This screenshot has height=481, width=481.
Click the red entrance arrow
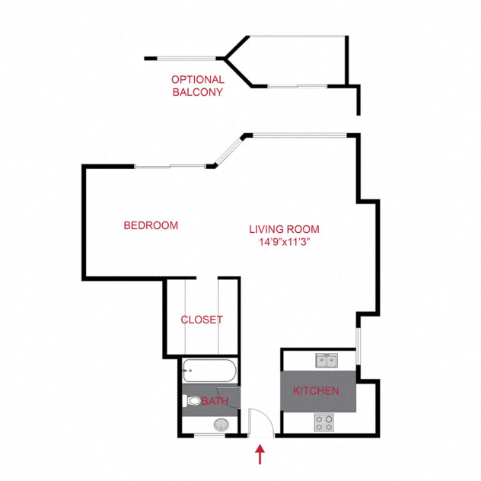[x=261, y=454]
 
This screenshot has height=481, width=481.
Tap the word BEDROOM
[x=151, y=225]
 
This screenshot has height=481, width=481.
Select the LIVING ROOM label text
[x=285, y=229]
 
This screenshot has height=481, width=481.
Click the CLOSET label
[x=202, y=320]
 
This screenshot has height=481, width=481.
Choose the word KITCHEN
[x=316, y=391]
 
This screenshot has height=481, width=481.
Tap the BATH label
[x=215, y=400]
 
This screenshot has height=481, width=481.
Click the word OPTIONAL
[x=197, y=79]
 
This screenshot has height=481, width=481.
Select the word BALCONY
[x=197, y=92]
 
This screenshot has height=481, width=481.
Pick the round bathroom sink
[x=221, y=425]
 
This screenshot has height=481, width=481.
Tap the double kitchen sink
[x=328, y=359]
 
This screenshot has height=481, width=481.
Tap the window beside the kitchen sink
[x=358, y=349]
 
